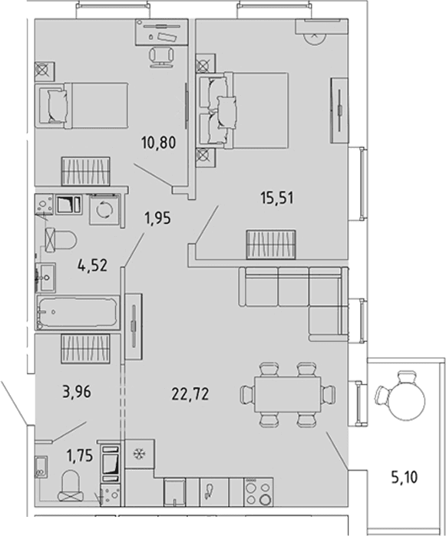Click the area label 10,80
[158, 142]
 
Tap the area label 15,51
[277, 198]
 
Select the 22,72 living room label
[190, 394]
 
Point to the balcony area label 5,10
[405, 477]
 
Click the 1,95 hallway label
[158, 218]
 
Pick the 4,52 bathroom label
[93, 265]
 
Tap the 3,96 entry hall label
[77, 392]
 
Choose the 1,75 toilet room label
[80, 455]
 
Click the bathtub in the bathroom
[78, 312]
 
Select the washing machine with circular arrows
[105, 209]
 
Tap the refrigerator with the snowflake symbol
[139, 454]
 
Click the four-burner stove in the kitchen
[259, 492]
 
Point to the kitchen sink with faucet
[214, 492]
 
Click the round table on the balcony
[408, 400]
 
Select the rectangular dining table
[287, 394]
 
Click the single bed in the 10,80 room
[82, 105]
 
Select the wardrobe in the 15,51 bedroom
[339, 110]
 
